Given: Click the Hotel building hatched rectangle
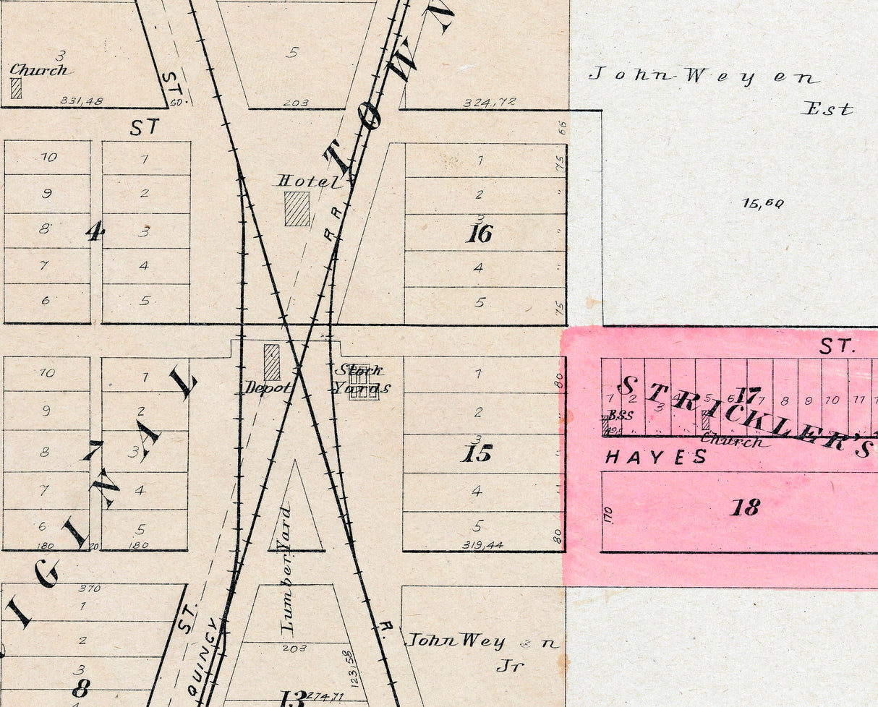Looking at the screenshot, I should click(x=297, y=209).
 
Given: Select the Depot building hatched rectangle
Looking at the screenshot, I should click(x=272, y=362).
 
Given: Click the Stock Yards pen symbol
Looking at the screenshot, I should click(x=364, y=382).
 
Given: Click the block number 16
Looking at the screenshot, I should click(x=480, y=233).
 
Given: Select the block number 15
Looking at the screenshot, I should click(x=478, y=454).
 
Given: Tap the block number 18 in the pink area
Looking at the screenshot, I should click(x=745, y=507).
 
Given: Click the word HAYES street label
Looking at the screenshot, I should click(x=656, y=457).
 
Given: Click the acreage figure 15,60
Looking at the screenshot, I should click(x=762, y=203).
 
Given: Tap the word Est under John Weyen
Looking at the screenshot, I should click(x=827, y=110).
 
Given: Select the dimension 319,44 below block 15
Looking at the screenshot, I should click(x=482, y=544).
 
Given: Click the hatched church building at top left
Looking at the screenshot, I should click(x=16, y=88).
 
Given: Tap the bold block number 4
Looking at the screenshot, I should click(x=95, y=231).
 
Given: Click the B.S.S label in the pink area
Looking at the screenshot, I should click(x=620, y=416).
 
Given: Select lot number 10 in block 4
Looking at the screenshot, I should click(x=48, y=157).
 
